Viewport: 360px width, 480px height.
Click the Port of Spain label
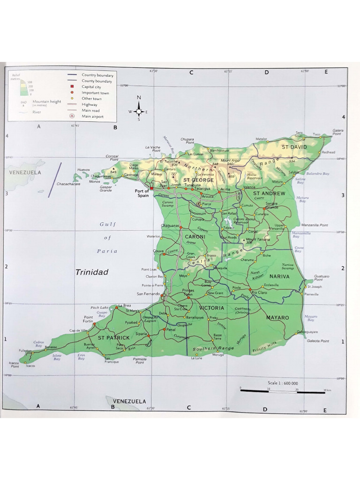[142, 193]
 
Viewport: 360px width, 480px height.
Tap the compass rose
[139, 112]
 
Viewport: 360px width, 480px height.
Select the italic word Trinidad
[92, 272]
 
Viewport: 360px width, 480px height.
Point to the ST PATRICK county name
[113, 337]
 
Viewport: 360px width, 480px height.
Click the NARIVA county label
[279, 277]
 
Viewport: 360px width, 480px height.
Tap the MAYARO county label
[277, 318]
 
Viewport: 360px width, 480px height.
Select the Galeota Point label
[319, 341]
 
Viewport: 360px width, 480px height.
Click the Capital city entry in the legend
[92, 87]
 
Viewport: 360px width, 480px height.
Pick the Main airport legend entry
[92, 116]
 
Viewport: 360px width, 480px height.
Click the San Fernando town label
[148, 294]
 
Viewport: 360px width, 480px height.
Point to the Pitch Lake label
[99, 307]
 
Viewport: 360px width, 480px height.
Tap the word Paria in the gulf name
[107, 251]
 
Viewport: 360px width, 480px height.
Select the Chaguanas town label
[170, 225]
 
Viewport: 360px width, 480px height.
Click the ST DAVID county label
[294, 147]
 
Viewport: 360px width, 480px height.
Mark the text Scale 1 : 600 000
[283, 383]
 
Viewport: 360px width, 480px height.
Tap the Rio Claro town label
[259, 292]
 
